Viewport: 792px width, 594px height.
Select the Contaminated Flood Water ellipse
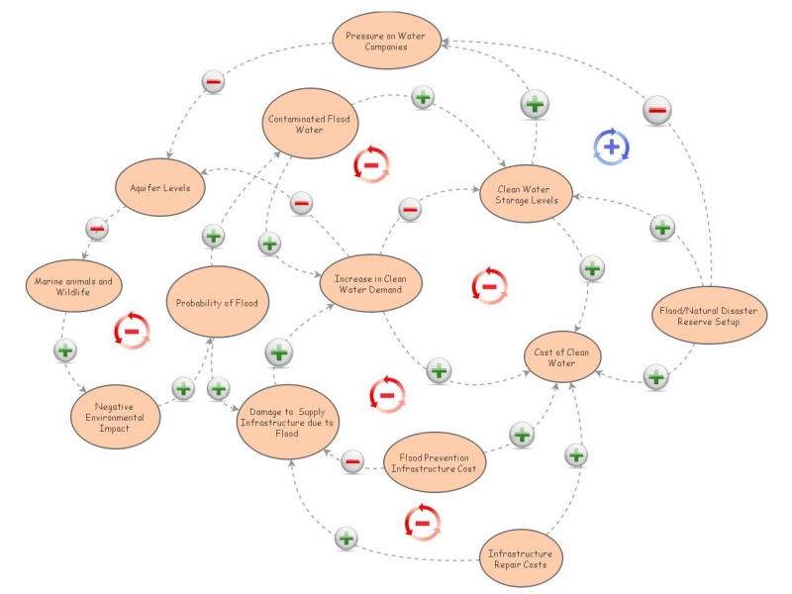[310, 124]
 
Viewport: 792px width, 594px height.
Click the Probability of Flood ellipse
[217, 302]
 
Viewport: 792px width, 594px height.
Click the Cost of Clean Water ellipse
[562, 355]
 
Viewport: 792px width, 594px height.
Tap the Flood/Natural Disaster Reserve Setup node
[707, 315]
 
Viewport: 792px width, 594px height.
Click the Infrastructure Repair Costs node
[520, 557]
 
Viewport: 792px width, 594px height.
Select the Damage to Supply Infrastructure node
[287, 421]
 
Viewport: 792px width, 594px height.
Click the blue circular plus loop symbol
[611, 147]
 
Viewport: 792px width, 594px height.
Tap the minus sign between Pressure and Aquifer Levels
[213, 82]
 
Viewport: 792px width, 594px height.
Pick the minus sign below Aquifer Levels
[96, 229]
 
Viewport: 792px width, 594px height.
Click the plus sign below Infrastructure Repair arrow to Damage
[346, 539]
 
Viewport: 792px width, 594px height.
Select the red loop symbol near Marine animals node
[132, 331]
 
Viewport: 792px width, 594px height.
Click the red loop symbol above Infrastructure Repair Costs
[422, 522]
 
